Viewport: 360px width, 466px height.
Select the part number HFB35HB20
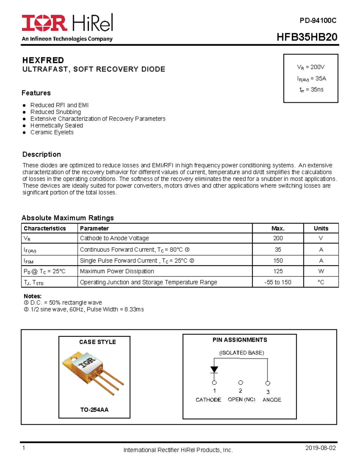[307, 37]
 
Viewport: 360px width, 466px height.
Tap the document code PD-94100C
[318, 20]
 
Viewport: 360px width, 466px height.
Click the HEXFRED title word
[43, 60]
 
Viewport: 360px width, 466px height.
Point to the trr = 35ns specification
[311, 89]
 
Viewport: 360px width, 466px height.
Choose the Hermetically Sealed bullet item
[56, 125]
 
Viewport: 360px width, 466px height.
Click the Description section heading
[42, 154]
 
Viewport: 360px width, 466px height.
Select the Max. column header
[278, 228]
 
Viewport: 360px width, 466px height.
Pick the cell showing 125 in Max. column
[278, 271]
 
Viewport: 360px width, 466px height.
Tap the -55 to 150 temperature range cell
[278, 282]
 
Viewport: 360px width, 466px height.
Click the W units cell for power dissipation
[321, 271]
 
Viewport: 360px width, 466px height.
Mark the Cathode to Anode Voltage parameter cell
[114, 238]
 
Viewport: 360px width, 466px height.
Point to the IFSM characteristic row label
[28, 261]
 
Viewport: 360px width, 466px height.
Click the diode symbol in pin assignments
[214, 369]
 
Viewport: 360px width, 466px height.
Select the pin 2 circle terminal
[241, 383]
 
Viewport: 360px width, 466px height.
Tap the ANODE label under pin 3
[272, 400]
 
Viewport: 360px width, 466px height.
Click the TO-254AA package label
[94, 410]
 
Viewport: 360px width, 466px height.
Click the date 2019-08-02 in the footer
[320, 448]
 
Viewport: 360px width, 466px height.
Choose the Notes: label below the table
[32, 296]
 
